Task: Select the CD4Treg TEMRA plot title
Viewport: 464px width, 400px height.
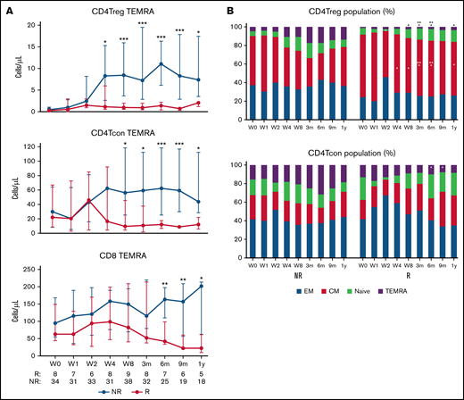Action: pos(126,10)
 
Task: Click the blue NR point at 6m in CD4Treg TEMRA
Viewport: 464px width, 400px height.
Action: pos(161,64)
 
